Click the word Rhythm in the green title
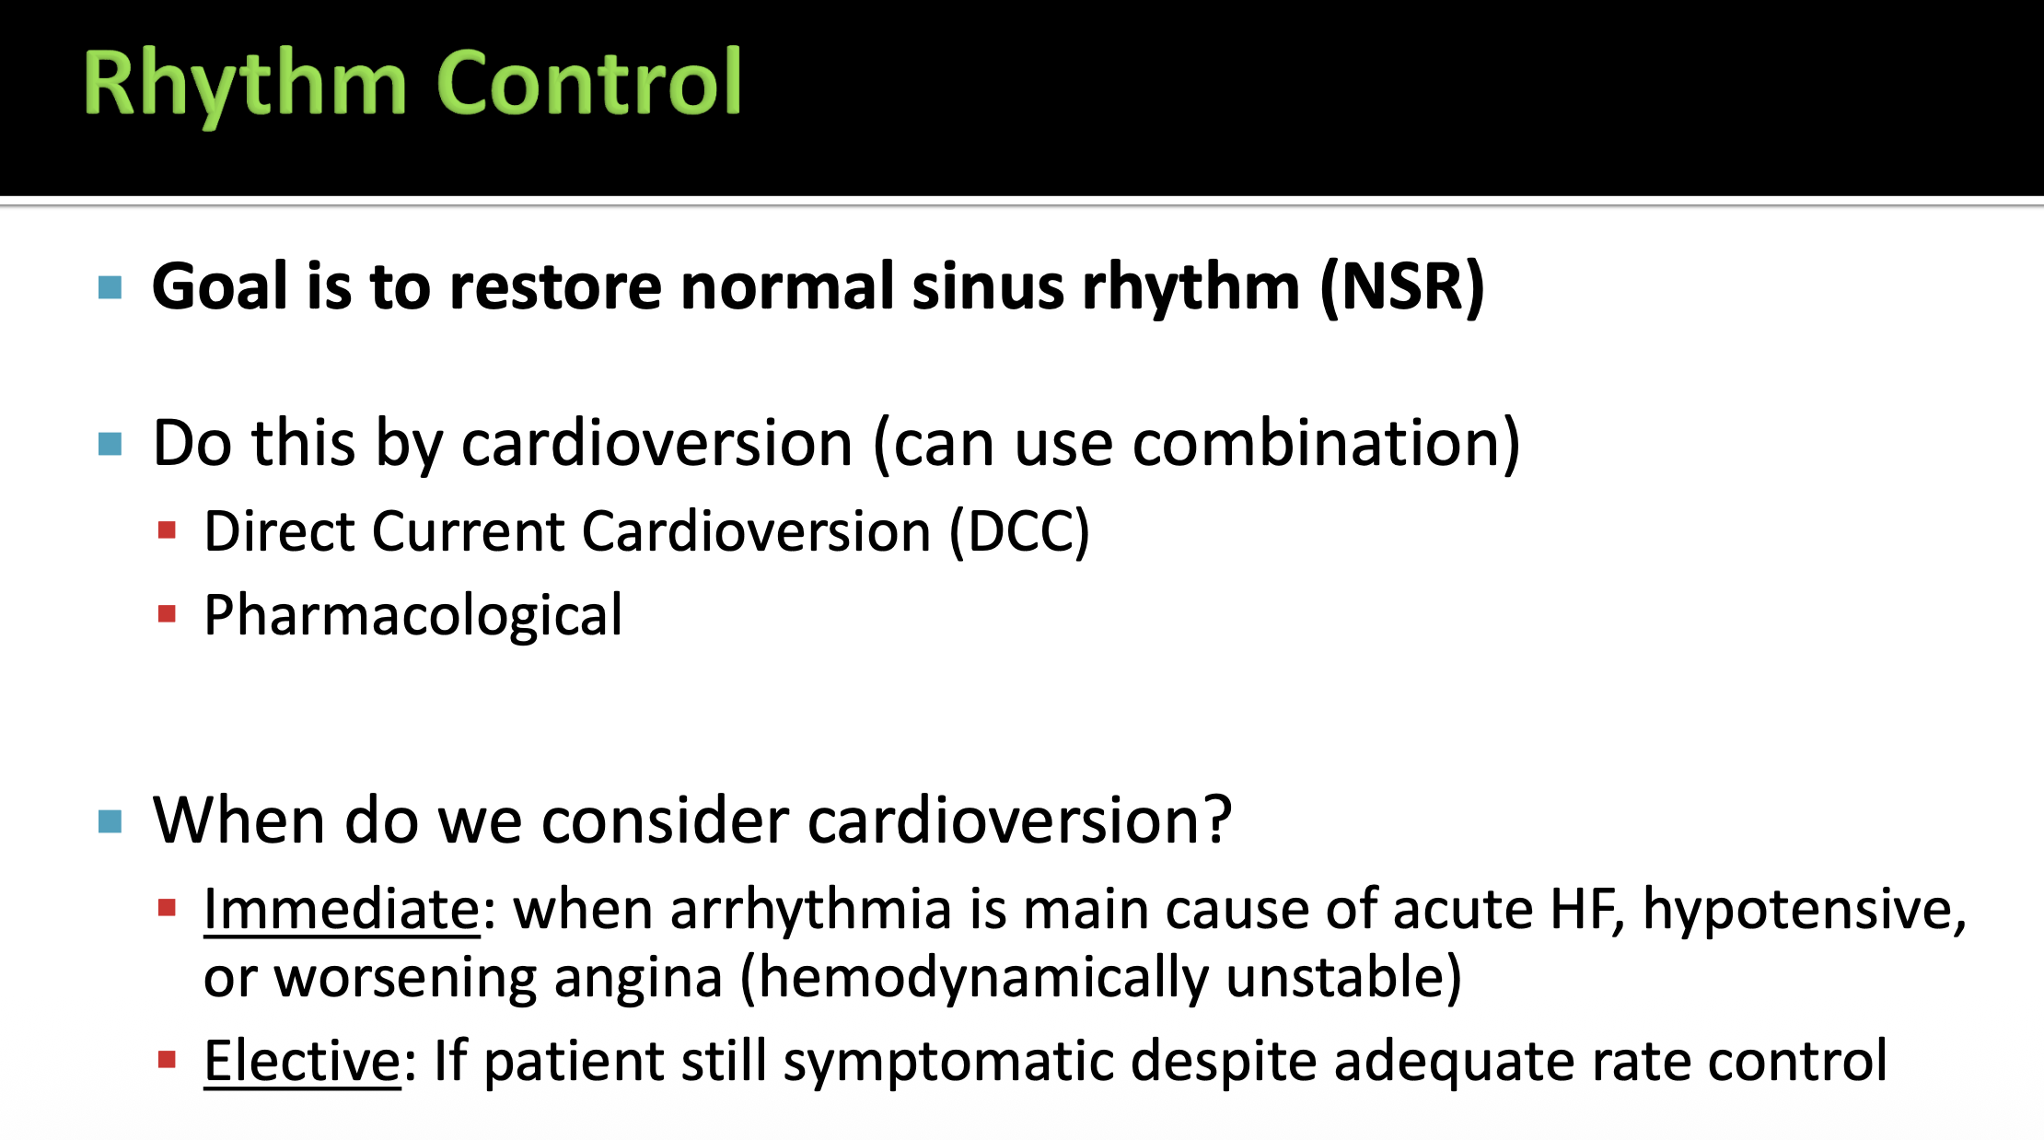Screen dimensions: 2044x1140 coord(245,85)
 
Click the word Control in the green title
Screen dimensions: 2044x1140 coord(589,82)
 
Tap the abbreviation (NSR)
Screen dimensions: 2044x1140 coord(1402,287)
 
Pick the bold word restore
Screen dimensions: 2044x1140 coord(555,286)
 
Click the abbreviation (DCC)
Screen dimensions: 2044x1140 coord(1019,531)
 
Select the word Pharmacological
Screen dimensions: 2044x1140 coord(413,615)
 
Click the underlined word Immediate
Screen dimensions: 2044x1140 coord(342,909)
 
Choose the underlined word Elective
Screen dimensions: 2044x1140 coord(303,1061)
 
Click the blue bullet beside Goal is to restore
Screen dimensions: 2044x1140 coord(110,288)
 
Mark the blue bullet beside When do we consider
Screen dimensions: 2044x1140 coord(110,820)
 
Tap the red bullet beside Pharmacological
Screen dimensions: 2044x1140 coord(167,614)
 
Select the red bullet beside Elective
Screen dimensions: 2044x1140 coord(167,1060)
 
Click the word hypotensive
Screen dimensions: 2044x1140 coord(1805,911)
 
